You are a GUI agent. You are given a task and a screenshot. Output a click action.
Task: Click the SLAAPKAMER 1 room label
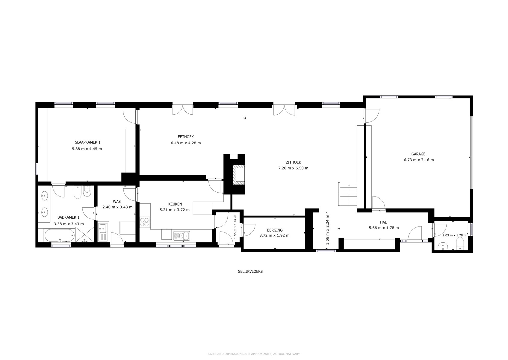coord(87,142)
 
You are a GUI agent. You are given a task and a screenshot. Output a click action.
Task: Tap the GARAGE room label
coord(418,154)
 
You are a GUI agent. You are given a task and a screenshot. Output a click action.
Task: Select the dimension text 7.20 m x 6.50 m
coord(293,168)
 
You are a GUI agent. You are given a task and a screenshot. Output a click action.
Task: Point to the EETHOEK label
coord(186,137)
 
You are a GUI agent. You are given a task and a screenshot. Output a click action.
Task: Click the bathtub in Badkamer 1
coord(59,235)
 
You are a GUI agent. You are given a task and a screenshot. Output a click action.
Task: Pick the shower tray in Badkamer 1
coord(84,235)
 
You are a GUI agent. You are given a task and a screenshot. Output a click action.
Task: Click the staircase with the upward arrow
coord(347,194)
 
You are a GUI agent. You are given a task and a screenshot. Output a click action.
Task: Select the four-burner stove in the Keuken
coord(144,222)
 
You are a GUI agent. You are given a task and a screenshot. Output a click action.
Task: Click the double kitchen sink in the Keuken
coord(182,236)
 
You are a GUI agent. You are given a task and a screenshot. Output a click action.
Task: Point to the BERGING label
coord(275,230)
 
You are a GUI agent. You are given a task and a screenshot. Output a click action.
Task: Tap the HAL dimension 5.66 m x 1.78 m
coord(384,228)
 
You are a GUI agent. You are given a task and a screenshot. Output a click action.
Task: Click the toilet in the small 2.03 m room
coord(460,244)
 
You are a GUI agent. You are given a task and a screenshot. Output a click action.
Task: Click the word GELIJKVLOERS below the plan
coord(250,271)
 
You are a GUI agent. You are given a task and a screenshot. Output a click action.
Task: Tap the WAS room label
coord(117,202)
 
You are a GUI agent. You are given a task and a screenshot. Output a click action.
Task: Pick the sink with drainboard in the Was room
coord(103,231)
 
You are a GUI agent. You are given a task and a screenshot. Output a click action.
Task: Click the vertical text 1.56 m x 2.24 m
coord(327,229)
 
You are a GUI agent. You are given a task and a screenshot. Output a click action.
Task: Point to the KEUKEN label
coord(175,204)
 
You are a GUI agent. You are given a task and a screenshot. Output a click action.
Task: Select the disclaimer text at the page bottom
coord(254,354)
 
